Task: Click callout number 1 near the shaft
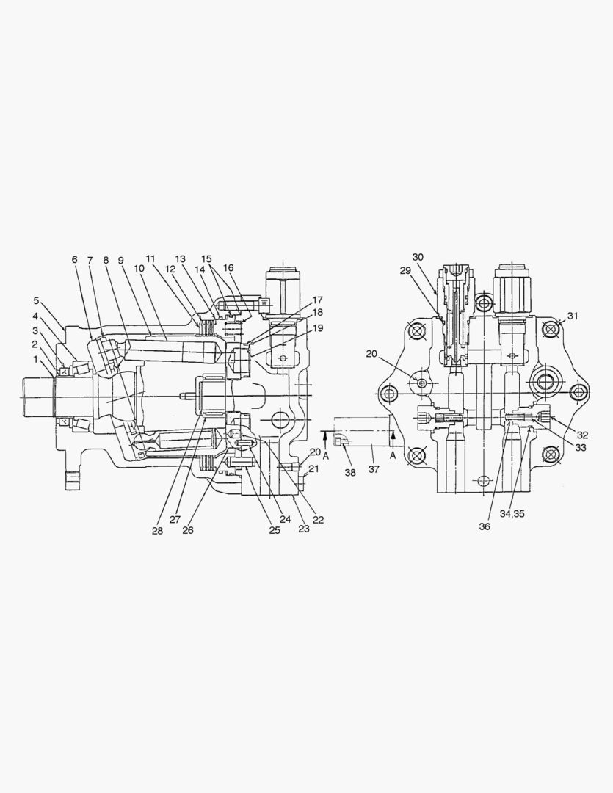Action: (35, 360)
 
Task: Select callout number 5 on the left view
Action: (35, 300)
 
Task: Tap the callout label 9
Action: (120, 260)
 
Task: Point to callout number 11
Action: (150, 259)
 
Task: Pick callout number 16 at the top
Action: (228, 268)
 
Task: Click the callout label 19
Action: (317, 328)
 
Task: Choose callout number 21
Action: (313, 468)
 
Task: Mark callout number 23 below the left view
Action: (302, 529)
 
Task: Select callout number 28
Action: (157, 530)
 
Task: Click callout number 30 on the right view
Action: (418, 257)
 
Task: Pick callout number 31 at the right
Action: (572, 316)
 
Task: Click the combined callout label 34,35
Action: (514, 513)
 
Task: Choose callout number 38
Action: (349, 473)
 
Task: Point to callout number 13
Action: (181, 259)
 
